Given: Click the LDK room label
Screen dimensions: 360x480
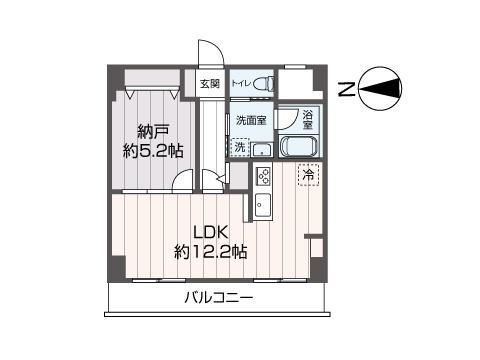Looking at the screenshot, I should pyautogui.click(x=210, y=232).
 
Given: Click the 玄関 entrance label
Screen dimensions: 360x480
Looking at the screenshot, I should pyautogui.click(x=209, y=84).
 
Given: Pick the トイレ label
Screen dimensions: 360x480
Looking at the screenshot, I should pyautogui.click(x=242, y=84).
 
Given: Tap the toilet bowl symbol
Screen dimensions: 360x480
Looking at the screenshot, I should pyautogui.click(x=264, y=84).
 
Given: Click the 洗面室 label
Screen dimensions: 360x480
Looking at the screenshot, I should pyautogui.click(x=250, y=120).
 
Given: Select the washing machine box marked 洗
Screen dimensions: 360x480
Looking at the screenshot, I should pyautogui.click(x=240, y=147).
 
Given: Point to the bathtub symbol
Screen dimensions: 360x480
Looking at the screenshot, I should pyautogui.click(x=299, y=147).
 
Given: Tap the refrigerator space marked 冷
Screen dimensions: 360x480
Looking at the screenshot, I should pyautogui.click(x=309, y=176).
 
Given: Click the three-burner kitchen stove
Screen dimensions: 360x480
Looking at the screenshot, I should pyautogui.click(x=264, y=177).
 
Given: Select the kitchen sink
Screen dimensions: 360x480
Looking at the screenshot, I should pyautogui.click(x=263, y=207).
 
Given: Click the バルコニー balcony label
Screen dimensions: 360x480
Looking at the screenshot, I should pyautogui.click(x=218, y=299).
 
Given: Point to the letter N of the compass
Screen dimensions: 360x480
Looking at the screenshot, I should pyautogui.click(x=345, y=91).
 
